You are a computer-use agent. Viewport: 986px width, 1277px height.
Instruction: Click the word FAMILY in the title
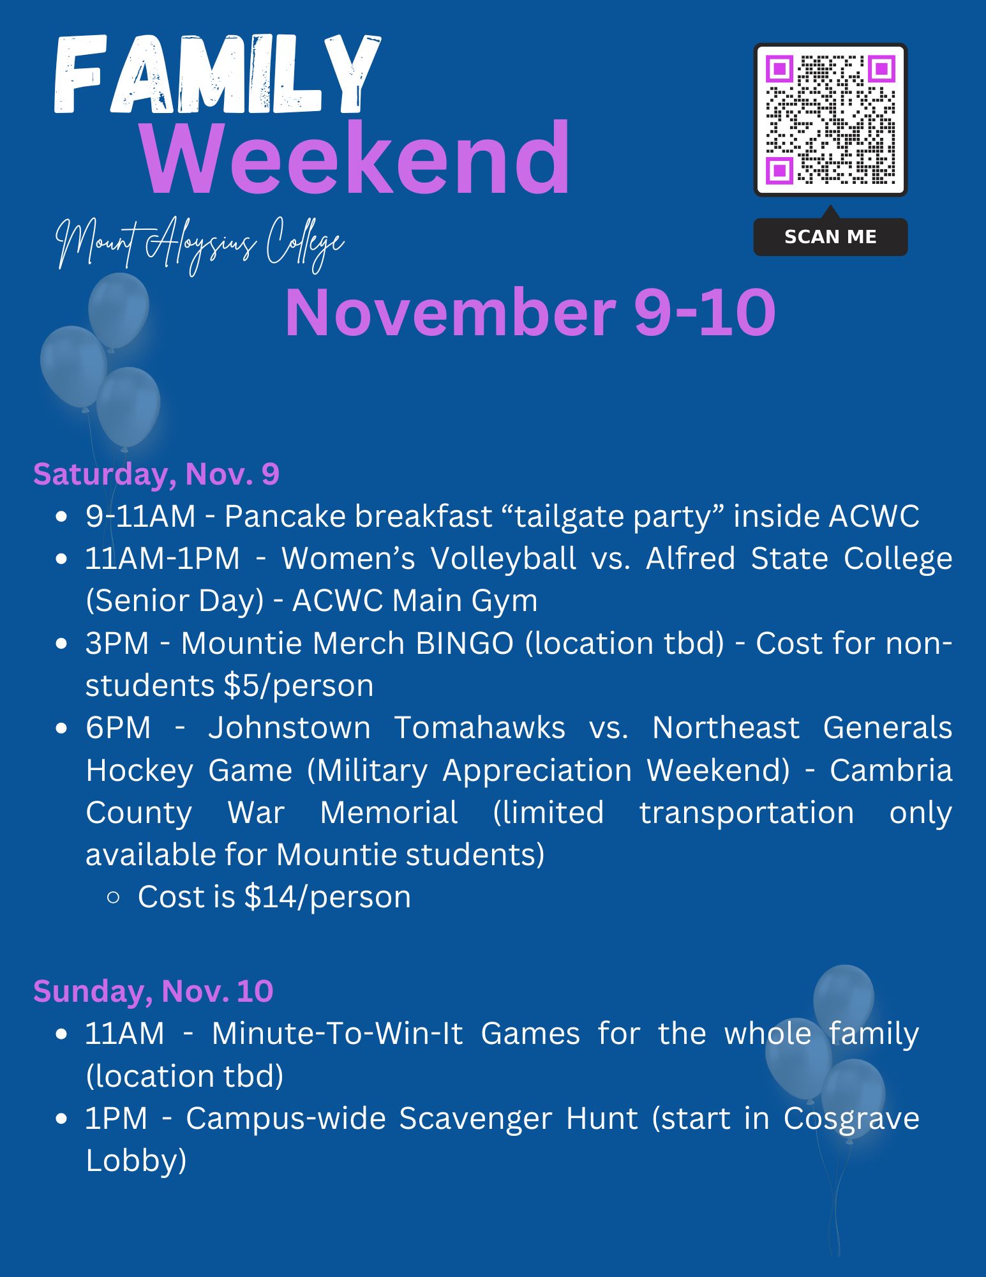click(x=217, y=75)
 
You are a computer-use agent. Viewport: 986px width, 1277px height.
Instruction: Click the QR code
click(x=830, y=119)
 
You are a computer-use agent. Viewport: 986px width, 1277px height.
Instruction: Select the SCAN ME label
click(x=830, y=237)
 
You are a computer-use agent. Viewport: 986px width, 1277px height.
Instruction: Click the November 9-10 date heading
click(x=530, y=312)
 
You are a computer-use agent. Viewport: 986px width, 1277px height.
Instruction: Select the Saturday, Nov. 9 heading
click(x=156, y=474)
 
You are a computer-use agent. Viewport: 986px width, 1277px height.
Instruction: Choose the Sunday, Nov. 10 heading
click(x=153, y=992)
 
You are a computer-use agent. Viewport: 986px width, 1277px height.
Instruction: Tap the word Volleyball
click(x=504, y=559)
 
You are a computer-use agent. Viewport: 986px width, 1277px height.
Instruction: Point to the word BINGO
click(x=465, y=643)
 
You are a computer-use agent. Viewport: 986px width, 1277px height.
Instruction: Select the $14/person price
click(x=327, y=897)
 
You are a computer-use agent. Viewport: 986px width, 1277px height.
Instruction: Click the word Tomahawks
click(x=479, y=728)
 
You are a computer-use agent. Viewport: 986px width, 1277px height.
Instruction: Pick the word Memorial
click(x=389, y=813)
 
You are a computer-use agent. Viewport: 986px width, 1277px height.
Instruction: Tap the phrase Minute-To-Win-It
click(x=337, y=1034)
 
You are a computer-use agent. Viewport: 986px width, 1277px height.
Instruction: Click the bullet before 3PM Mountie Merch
click(x=61, y=644)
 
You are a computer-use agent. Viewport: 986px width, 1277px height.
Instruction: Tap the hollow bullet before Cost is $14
click(x=114, y=898)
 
